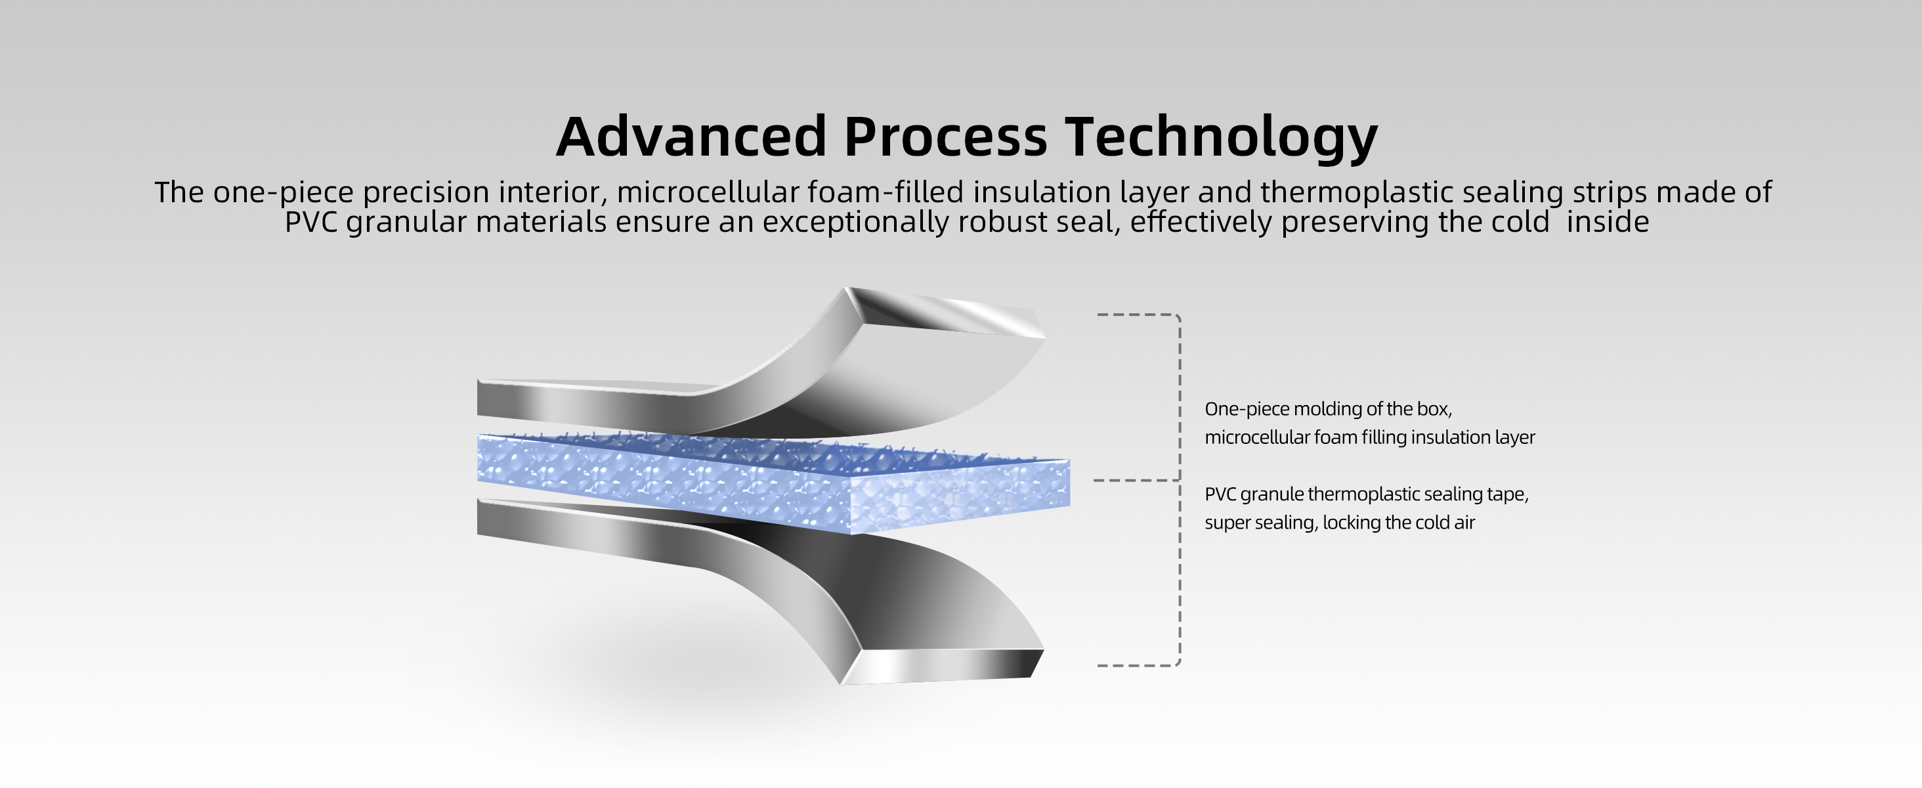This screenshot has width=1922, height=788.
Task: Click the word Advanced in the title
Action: click(x=691, y=137)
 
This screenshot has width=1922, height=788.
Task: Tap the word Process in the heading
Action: click(x=945, y=137)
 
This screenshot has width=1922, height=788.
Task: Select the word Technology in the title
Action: click(x=1222, y=138)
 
